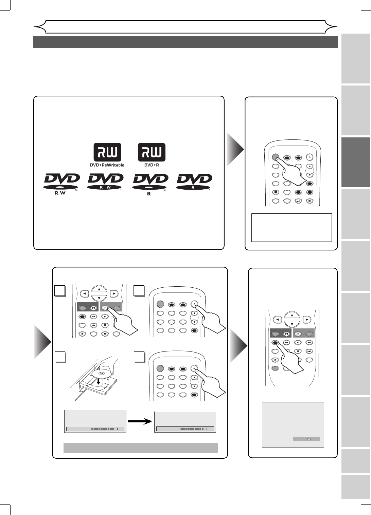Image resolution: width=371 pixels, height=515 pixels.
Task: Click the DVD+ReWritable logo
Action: [x=107, y=155]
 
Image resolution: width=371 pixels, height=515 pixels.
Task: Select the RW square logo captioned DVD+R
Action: [x=151, y=155]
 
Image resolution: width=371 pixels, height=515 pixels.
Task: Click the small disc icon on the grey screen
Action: [x=309, y=439]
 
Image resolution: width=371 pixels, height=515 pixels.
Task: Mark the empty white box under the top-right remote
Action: [x=291, y=228]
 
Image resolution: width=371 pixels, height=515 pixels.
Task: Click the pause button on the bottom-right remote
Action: [x=298, y=351]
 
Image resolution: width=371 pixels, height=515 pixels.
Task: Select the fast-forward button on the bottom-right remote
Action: [x=309, y=343]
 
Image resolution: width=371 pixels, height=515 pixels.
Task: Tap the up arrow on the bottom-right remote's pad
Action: [x=292, y=315]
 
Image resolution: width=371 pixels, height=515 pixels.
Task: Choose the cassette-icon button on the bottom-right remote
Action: [x=286, y=334]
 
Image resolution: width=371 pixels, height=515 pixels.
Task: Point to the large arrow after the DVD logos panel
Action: [x=235, y=149]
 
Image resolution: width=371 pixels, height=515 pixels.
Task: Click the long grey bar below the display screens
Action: [x=141, y=447]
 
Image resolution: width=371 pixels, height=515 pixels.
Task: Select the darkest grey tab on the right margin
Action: [x=356, y=162]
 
